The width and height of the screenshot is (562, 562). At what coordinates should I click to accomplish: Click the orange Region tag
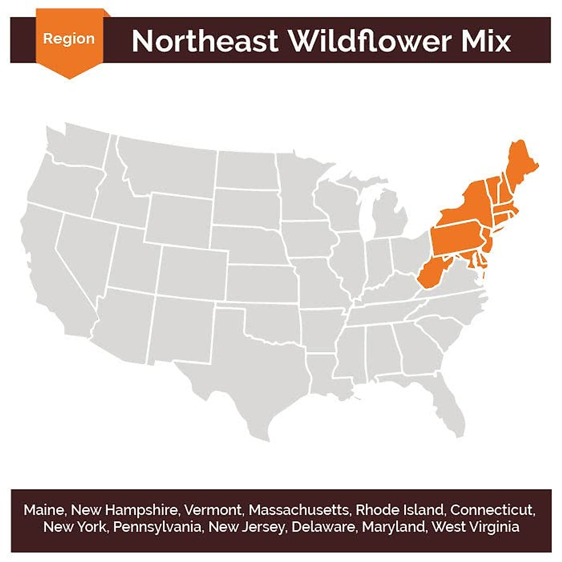69,39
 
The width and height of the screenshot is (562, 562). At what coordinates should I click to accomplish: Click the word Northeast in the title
205,41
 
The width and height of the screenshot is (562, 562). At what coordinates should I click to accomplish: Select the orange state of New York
468,206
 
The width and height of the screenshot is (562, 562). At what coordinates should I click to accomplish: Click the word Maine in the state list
44,510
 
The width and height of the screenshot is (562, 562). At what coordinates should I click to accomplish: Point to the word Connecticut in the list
492,510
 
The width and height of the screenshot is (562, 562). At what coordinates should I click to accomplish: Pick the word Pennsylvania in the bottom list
158,527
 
